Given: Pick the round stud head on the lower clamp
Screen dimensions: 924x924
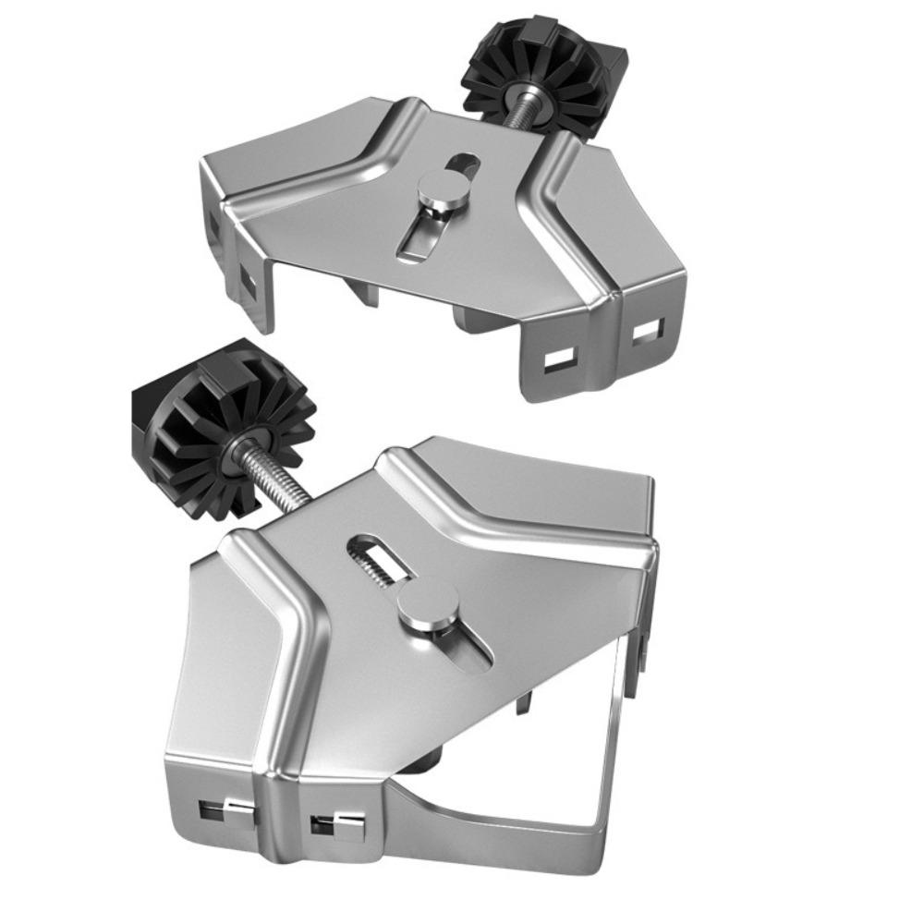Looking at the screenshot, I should (x=422, y=611).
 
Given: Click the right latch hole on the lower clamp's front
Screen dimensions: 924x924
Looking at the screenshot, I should (x=336, y=825).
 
